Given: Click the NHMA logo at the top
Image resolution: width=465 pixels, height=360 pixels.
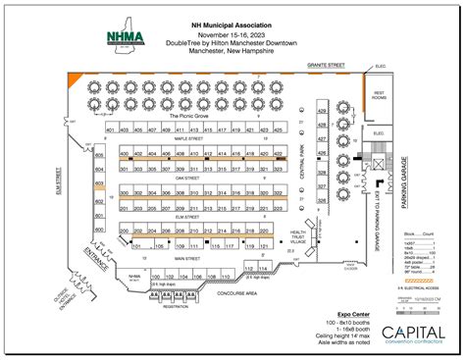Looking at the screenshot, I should tap(126, 36).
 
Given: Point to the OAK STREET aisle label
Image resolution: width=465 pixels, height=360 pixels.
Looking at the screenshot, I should tap(186, 178).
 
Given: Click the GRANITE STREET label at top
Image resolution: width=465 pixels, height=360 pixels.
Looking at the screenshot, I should tap(327, 66).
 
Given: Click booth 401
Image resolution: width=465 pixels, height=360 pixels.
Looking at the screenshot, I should tap(112, 130).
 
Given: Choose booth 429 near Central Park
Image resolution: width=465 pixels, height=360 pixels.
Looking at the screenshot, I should tap(321, 112).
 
